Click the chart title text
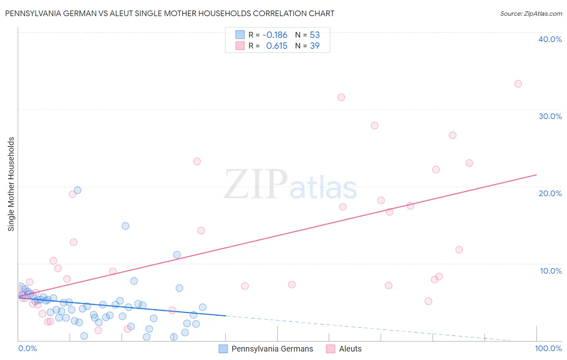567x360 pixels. [x=169, y=13]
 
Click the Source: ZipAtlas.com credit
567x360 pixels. [x=531, y=14]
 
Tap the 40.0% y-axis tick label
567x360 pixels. [x=550, y=39]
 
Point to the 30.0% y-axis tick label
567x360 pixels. [x=550, y=116]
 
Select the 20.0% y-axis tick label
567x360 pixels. [x=550, y=193]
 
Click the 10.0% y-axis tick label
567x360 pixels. [x=550, y=271]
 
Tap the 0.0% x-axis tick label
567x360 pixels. [x=27, y=348]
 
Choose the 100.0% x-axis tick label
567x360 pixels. [x=548, y=348]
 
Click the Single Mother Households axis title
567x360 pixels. [x=11, y=184]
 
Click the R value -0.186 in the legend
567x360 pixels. [x=275, y=35]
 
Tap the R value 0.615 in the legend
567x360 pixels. [x=277, y=46]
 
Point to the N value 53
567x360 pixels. [x=315, y=35]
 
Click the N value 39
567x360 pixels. [x=315, y=46]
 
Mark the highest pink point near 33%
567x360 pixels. [x=518, y=84]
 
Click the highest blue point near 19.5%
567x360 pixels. [x=77, y=190]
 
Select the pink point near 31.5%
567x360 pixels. [x=341, y=97]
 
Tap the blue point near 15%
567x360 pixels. [x=125, y=226]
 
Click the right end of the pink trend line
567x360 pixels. [x=536, y=175]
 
